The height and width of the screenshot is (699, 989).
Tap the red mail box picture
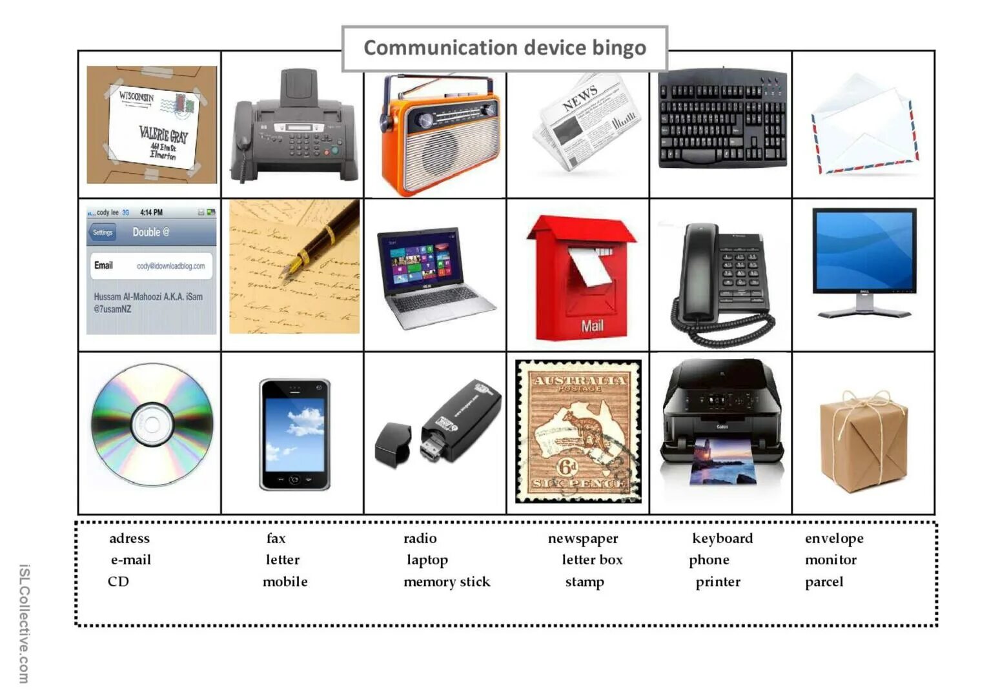pos(580,278)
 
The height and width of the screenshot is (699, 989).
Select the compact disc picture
pos(151,424)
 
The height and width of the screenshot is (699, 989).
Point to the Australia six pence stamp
pos(578,432)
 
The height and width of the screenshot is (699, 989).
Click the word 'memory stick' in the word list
pos(447,582)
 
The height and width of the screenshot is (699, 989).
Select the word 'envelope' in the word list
pos(833,538)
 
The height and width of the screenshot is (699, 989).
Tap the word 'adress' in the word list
pos(129,538)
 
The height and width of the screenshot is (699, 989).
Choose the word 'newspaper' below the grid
pos(582,538)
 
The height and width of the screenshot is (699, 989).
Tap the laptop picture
pos(433,278)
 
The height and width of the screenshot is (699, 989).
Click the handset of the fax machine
pos(243,139)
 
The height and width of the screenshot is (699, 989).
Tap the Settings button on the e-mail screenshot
pos(103,232)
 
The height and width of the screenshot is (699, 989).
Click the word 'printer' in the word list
pos(717,582)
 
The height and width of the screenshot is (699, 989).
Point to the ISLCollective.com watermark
pos(23,623)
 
